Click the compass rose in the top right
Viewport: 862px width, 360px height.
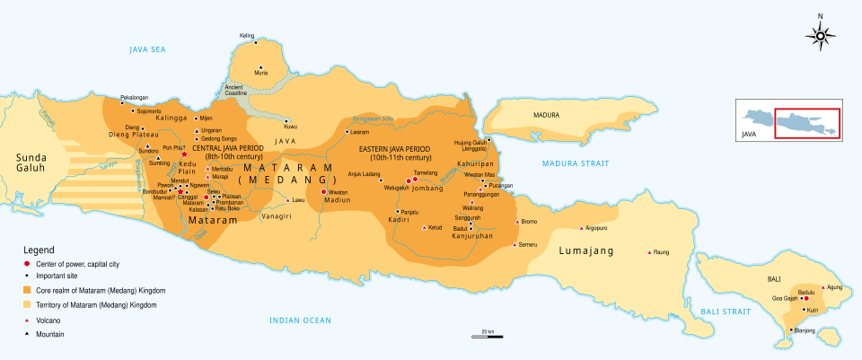click(820, 35)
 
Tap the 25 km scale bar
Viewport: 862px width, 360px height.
click(486, 337)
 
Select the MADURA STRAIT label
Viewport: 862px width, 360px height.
click(575, 163)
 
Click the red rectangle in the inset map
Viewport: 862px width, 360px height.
click(806, 122)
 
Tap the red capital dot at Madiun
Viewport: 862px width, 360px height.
click(323, 191)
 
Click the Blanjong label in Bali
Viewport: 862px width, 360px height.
click(805, 330)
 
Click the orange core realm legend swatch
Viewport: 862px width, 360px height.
click(28, 291)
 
